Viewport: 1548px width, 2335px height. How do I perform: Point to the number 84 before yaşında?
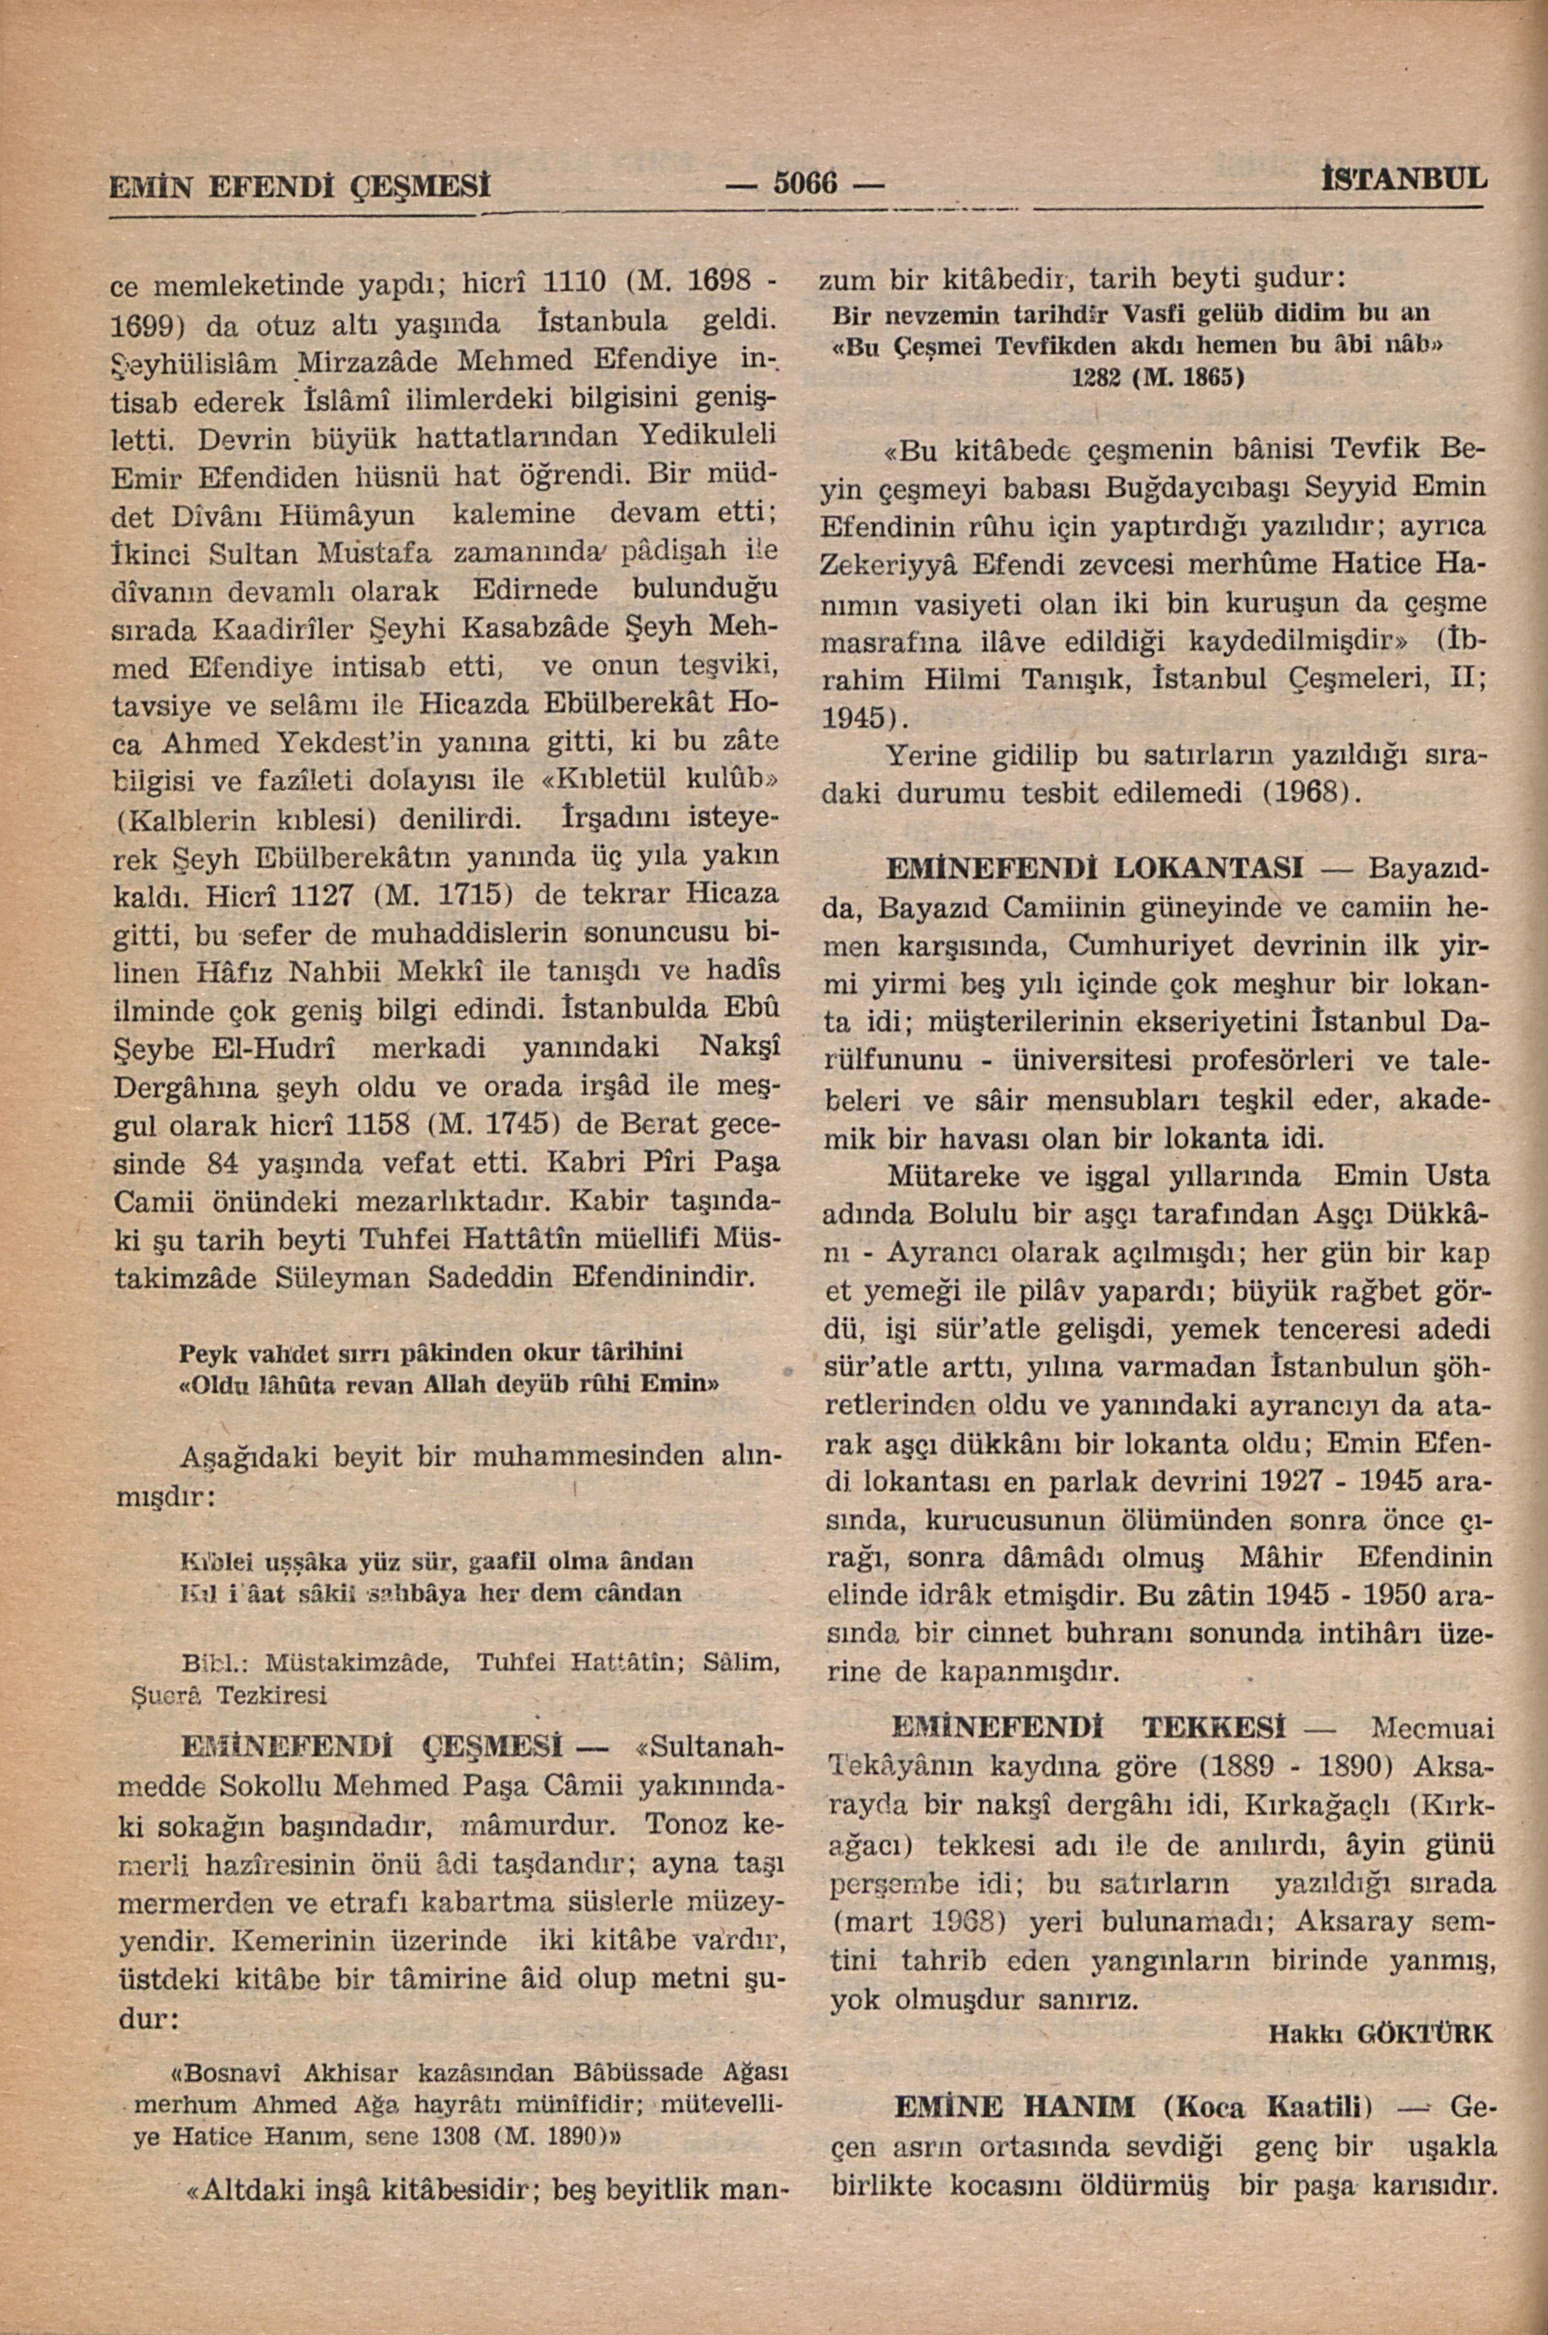click(225, 1165)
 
